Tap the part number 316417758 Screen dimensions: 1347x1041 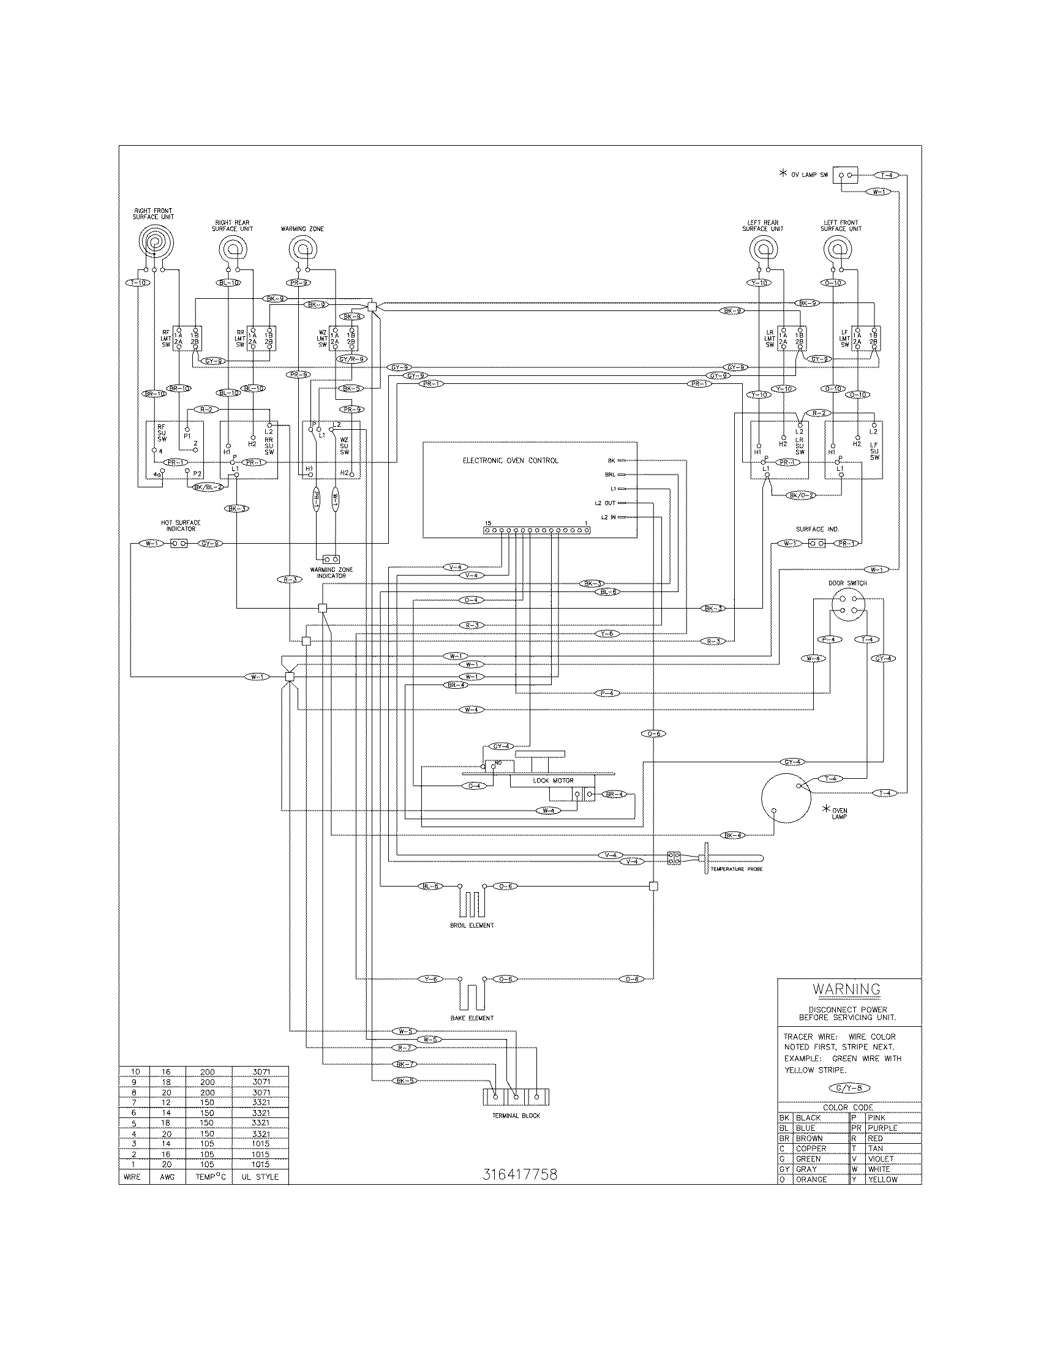[520, 1175]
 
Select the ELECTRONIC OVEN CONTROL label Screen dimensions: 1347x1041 [511, 460]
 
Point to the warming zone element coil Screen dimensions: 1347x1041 [302, 250]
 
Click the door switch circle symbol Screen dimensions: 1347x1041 [847, 604]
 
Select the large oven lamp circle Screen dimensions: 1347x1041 [786, 798]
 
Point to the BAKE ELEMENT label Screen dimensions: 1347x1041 [472, 1018]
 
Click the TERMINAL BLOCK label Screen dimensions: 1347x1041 [516, 1116]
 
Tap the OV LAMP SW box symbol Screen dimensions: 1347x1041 [845, 175]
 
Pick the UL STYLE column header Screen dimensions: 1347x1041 [260, 1177]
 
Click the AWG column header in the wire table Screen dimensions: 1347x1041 [167, 1177]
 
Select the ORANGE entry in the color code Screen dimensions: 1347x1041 [811, 1179]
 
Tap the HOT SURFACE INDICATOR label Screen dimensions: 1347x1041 [181, 525]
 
